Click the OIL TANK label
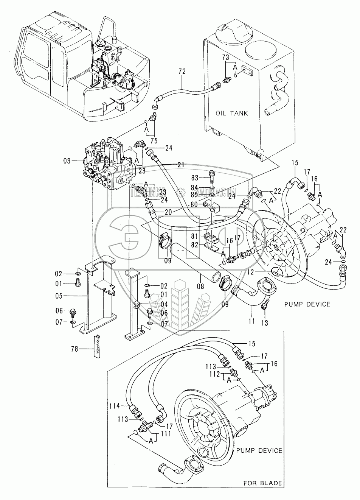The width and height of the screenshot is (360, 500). click(x=231, y=114)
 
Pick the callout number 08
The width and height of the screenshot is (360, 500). click(x=200, y=287)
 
